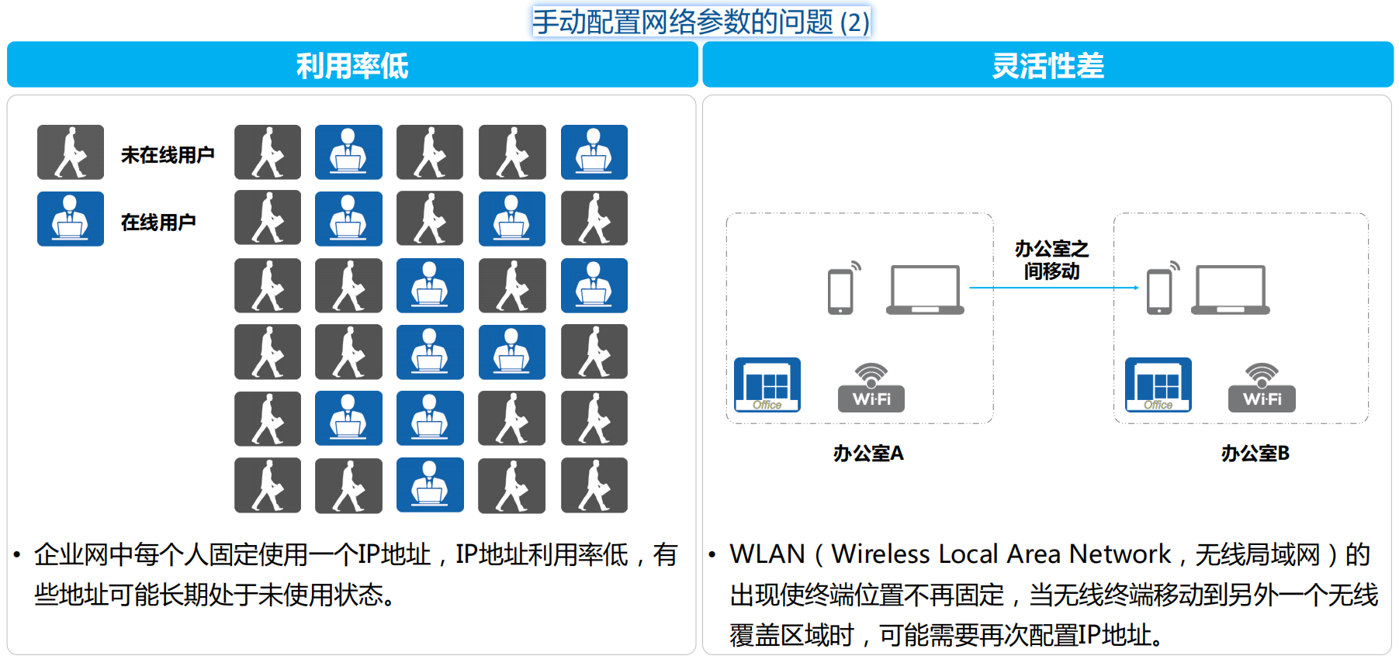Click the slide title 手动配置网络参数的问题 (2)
point(701,22)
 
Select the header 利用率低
point(352,66)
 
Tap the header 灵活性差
point(1048,66)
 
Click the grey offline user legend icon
point(71,152)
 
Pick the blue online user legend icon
point(71,219)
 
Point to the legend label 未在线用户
point(168,155)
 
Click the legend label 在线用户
point(158,223)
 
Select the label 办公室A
point(868,454)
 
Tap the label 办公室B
point(1255,454)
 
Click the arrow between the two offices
point(1054,288)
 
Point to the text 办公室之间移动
point(1051,260)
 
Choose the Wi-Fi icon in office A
point(871,388)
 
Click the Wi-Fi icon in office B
point(1262,388)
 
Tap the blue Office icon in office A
point(767,385)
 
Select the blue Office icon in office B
point(1158,385)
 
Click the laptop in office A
point(925,290)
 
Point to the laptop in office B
point(1231,290)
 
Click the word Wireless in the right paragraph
point(881,554)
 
